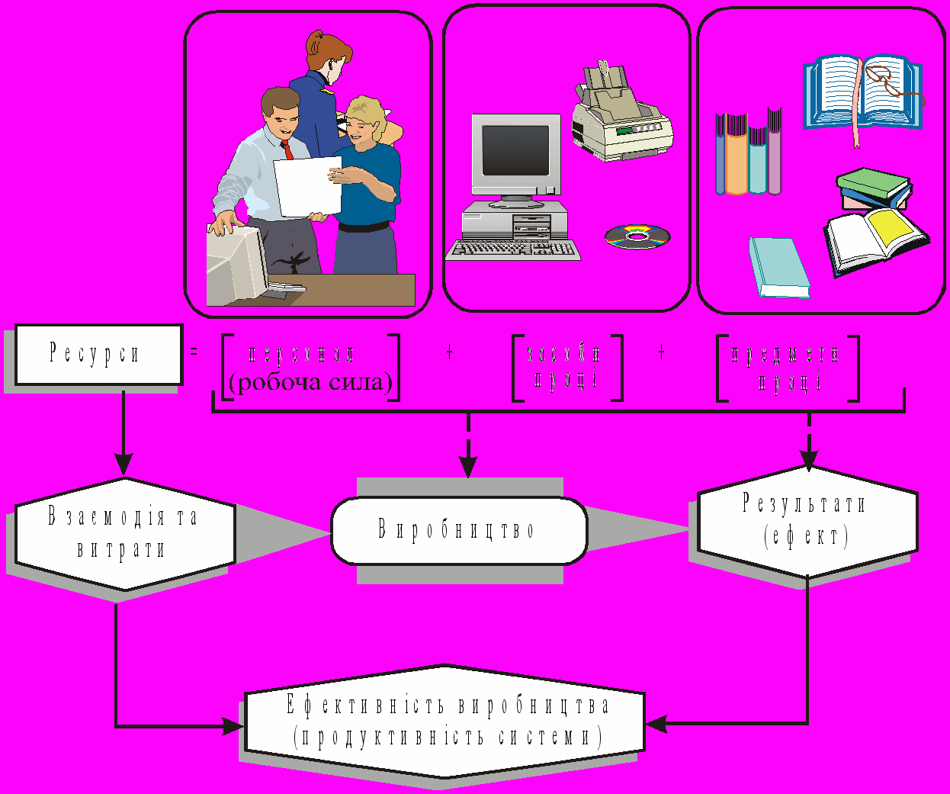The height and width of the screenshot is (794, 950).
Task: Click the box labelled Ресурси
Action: coord(98,354)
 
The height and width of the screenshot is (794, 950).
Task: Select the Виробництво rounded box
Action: coord(458,530)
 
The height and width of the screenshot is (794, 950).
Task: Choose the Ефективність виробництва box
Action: coord(445,721)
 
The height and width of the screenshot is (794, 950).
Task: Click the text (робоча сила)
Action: coord(310,382)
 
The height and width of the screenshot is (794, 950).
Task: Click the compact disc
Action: coord(637,236)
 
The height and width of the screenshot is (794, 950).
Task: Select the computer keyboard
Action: coord(513,249)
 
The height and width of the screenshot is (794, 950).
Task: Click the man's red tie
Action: coord(287,149)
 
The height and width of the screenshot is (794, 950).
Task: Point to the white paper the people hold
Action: coord(308,187)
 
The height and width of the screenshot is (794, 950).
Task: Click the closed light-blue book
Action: coord(780,267)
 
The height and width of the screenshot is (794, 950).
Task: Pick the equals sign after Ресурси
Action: coord(194,352)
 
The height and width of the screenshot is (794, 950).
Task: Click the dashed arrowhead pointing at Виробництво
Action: coord(468,466)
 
